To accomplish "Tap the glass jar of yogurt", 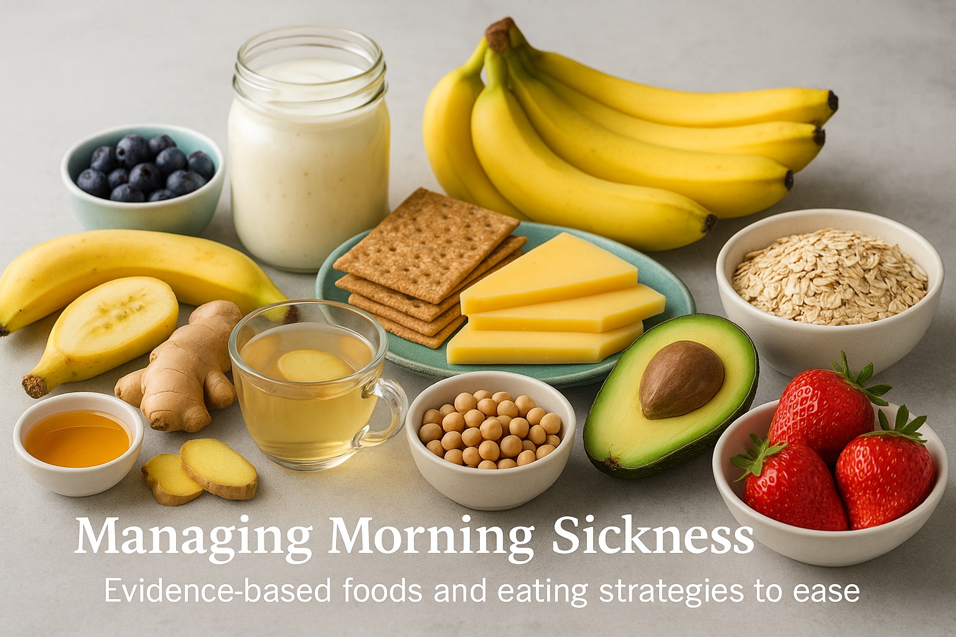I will coord(309,156).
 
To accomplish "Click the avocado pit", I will coord(681,379).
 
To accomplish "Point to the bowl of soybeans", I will coord(490,435).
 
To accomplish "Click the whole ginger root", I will coord(187,367).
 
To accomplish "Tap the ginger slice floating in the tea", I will coord(315,365).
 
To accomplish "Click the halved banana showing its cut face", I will coord(106,327).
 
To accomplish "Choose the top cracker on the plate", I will coord(426,243).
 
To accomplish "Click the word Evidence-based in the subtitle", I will coord(218,590).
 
